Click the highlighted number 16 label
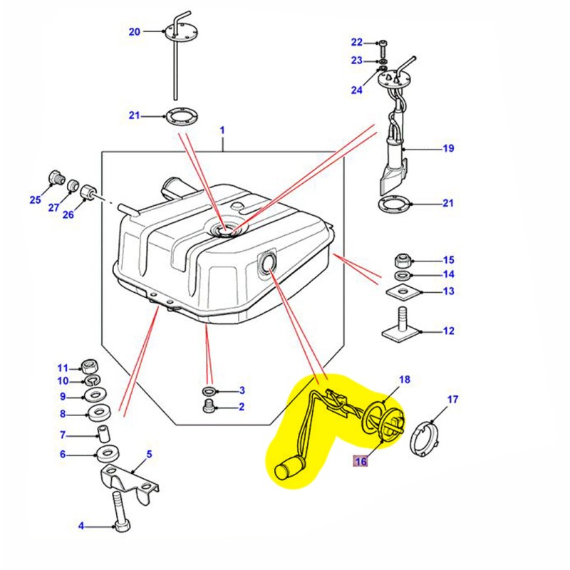tap(361, 462)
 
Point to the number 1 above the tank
tap(222, 131)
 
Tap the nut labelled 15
tap(401, 259)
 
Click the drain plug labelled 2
tap(209, 406)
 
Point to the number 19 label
tap(447, 149)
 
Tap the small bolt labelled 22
tap(383, 44)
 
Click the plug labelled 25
tap(55, 177)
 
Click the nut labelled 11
tap(90, 366)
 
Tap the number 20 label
tap(135, 31)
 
